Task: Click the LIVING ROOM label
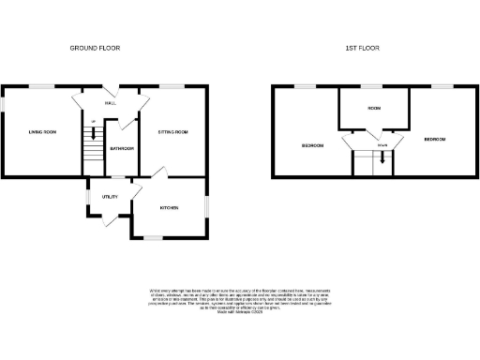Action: point(43,132)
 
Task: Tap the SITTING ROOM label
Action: point(172,132)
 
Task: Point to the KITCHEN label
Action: point(170,207)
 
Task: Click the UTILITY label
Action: point(109,197)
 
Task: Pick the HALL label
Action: point(110,103)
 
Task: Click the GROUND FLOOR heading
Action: point(96,48)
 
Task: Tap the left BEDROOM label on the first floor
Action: point(312,145)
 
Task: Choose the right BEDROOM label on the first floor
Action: point(434,140)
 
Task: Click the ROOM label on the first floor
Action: point(374,110)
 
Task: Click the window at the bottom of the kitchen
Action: point(150,238)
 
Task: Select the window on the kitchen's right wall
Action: point(208,203)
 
